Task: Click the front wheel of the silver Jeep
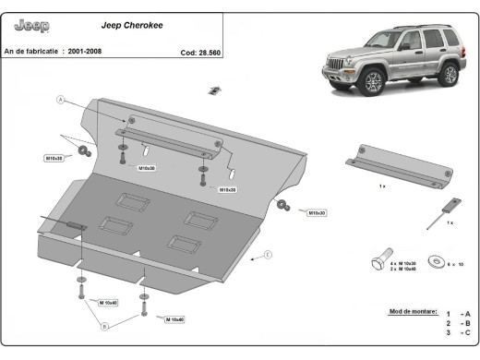372,83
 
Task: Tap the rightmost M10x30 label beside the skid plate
317,212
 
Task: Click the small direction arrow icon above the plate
214,90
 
